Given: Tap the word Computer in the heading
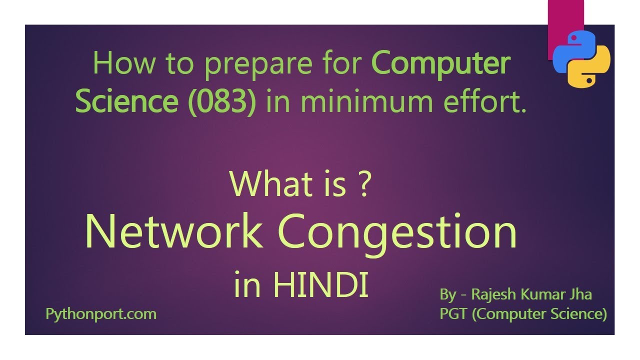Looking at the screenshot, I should coord(441,63).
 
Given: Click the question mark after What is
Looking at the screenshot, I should coord(363,184).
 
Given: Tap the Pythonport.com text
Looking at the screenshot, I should coord(100,314).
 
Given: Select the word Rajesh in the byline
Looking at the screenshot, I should coord(495,294).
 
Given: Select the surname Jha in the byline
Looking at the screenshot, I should coord(580,294).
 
